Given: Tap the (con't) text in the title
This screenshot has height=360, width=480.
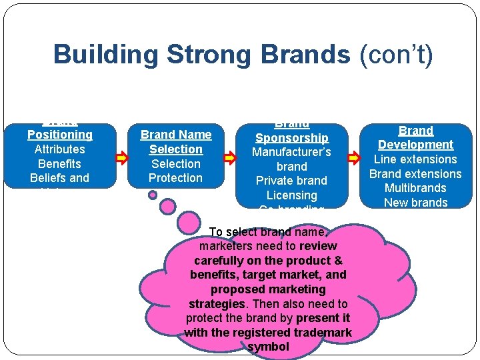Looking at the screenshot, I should [396, 55].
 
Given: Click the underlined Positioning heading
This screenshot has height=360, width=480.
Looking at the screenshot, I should [60, 135].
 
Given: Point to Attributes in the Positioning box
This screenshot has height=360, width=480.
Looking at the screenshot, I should [60, 149].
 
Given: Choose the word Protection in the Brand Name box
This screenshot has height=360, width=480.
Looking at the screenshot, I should [175, 178].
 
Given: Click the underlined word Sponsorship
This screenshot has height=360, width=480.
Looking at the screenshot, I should [291, 138].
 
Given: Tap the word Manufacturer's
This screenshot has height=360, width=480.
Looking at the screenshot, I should [291, 152].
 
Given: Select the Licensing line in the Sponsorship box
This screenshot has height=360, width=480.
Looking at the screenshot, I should [291, 195].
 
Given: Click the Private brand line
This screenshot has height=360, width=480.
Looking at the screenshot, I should [291, 181].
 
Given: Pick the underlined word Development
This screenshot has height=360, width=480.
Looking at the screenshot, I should [415, 145].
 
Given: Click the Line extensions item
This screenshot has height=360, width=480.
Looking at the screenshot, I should [415, 159].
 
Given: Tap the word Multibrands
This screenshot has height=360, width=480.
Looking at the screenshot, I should [415, 188].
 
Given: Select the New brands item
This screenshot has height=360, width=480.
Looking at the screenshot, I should [415, 203].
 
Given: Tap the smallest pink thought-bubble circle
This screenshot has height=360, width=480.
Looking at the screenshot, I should [153, 195].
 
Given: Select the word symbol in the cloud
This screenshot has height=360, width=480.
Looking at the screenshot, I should [268, 347].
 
